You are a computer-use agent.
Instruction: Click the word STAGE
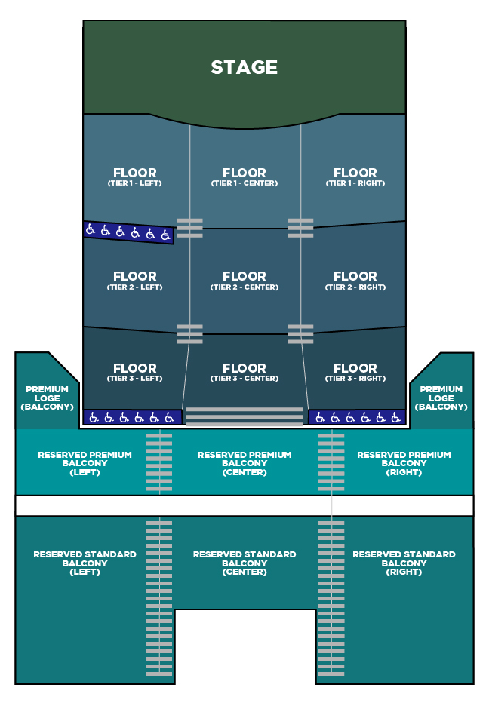point(244,68)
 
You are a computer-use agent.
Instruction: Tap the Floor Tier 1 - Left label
point(134,177)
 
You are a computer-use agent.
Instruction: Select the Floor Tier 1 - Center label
point(244,177)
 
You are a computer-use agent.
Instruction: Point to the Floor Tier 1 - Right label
point(355,177)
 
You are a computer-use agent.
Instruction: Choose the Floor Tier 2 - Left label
point(134,281)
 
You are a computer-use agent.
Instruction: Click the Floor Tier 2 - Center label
point(244,281)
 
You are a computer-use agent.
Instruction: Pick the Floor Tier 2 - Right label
point(355,281)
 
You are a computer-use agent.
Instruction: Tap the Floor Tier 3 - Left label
point(134,373)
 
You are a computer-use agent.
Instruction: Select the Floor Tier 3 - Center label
point(244,373)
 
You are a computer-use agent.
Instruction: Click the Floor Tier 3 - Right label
point(355,373)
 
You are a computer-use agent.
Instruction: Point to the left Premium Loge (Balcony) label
point(47,398)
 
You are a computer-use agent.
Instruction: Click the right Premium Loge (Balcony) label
point(441,398)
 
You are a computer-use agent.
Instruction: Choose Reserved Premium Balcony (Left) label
point(85,463)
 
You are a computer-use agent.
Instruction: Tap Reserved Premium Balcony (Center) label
point(244,463)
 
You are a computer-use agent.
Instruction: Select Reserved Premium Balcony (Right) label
point(404,463)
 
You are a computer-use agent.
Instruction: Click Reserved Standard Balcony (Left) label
point(85,563)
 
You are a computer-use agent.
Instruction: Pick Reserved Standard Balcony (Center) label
point(244,563)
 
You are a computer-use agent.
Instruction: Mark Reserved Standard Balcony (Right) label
point(404,563)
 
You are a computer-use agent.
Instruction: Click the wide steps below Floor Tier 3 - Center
point(244,416)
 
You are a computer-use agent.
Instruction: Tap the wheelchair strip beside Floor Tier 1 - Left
point(128,232)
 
